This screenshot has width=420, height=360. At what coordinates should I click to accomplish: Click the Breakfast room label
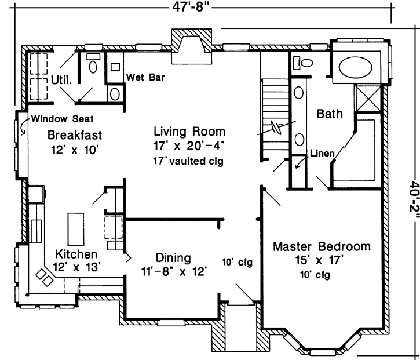pyautogui.click(x=75, y=135)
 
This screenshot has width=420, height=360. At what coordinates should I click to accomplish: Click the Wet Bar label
pyautogui.click(x=144, y=75)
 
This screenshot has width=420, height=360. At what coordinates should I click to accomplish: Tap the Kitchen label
pyautogui.click(x=76, y=254)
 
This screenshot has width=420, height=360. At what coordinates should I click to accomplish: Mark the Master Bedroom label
pyautogui.click(x=322, y=246)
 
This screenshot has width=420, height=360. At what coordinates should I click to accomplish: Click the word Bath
pyautogui.click(x=329, y=115)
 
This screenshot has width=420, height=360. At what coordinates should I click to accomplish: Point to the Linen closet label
pyautogui.click(x=322, y=154)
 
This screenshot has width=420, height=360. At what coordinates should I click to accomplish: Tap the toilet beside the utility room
pyautogui.click(x=92, y=65)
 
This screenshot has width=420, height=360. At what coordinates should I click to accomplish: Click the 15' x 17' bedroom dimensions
pyautogui.click(x=322, y=260)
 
